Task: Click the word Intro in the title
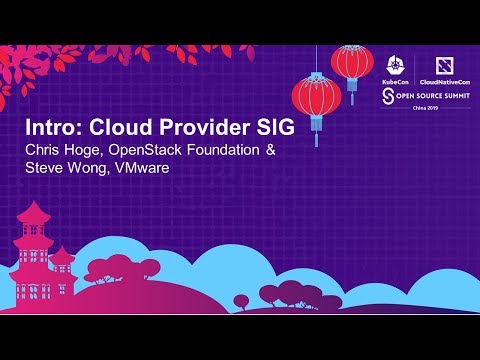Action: (50, 130)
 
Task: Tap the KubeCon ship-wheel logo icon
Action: (393, 58)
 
